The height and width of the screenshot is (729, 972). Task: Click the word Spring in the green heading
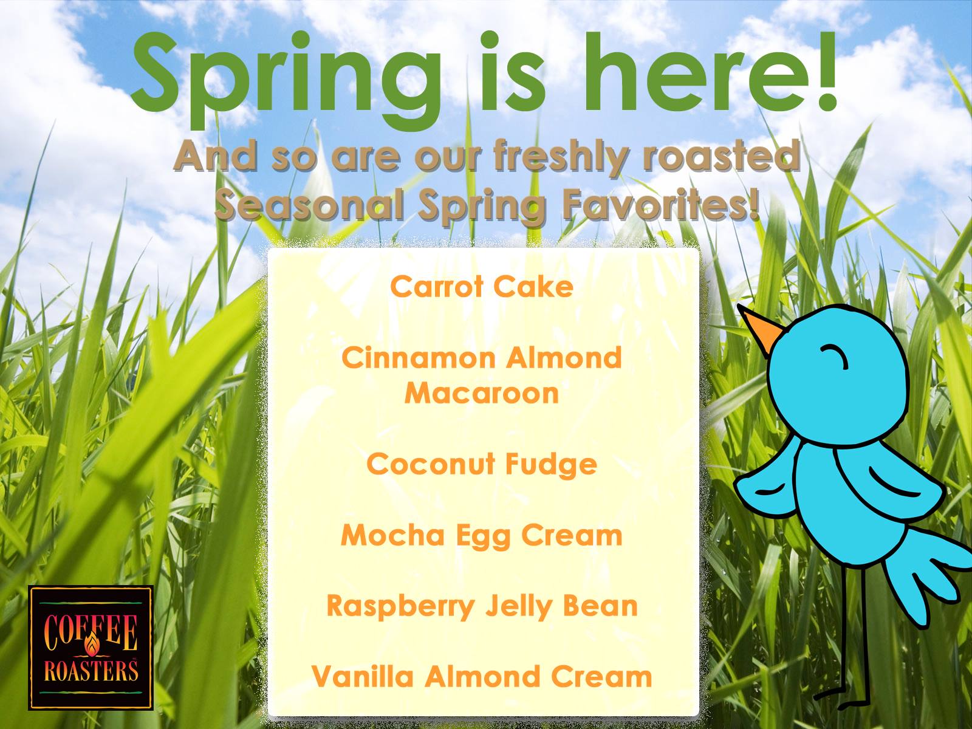[x=286, y=80]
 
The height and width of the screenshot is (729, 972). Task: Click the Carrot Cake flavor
[x=482, y=286]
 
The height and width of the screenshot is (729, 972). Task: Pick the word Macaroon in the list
[x=482, y=392]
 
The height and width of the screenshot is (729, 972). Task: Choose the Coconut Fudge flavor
[x=482, y=465]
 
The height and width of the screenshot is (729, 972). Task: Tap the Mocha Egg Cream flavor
[x=482, y=536]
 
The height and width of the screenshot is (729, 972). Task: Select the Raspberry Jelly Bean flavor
[x=482, y=607]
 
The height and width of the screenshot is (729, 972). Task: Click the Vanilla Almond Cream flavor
[x=482, y=677]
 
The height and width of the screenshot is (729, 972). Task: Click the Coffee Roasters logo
[x=91, y=648]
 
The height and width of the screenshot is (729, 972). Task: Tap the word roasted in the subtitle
[x=720, y=156]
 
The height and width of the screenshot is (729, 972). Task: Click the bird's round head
[x=837, y=375]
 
